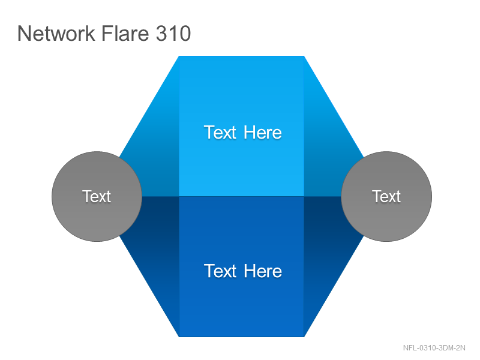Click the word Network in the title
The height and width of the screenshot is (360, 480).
(x=56, y=33)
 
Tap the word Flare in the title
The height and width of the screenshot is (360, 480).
(x=125, y=33)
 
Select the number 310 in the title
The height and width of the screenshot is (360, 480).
(x=173, y=33)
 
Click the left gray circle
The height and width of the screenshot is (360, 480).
(x=97, y=197)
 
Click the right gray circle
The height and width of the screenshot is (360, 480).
(x=386, y=197)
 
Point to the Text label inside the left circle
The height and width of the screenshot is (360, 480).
(x=97, y=196)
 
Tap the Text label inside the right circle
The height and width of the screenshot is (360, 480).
(x=386, y=196)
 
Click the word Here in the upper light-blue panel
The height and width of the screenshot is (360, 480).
(x=263, y=133)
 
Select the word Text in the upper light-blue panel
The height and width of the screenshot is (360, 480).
(x=220, y=133)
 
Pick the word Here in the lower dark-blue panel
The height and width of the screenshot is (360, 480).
(x=263, y=271)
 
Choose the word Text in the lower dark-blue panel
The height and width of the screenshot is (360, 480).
(x=220, y=271)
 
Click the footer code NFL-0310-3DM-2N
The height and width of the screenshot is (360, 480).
(x=434, y=348)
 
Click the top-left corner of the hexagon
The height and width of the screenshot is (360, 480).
(x=179, y=56)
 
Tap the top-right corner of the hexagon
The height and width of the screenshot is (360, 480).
(x=304, y=56)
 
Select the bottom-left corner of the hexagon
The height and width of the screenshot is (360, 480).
(x=179, y=337)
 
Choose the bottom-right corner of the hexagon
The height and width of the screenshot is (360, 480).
(x=304, y=337)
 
